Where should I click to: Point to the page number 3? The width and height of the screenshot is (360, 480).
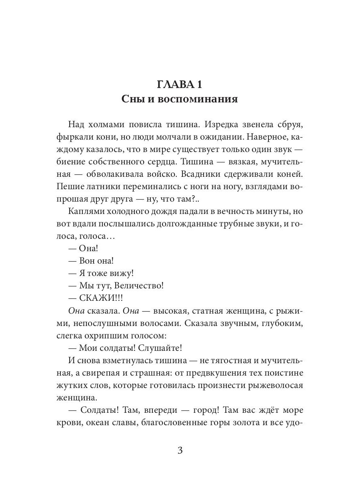[180, 450]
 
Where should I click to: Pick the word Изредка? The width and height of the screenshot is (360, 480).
[225, 124]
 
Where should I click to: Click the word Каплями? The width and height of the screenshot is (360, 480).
[87, 211]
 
